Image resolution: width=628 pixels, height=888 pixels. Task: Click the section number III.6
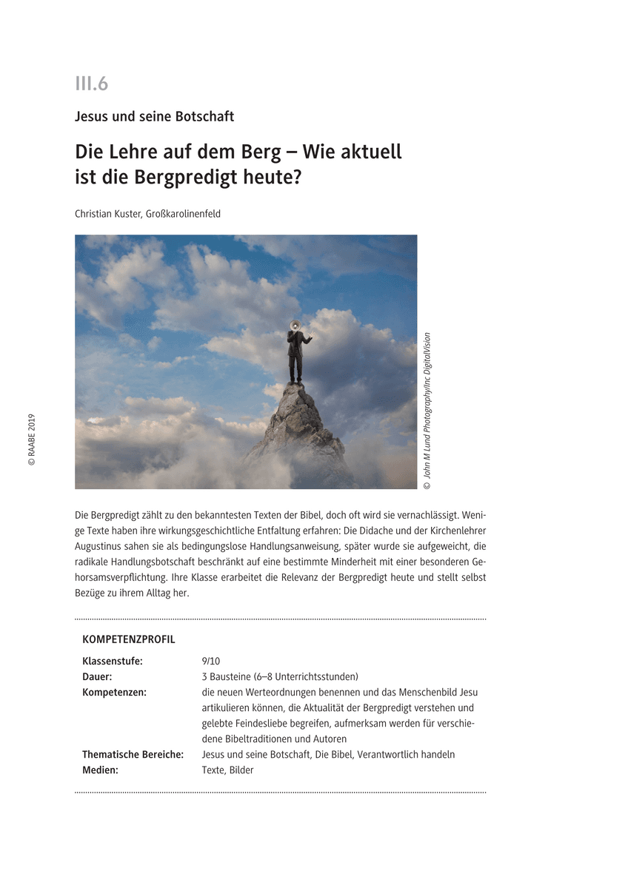pos(92,84)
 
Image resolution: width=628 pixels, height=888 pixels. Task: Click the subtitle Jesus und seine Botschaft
pos(154,116)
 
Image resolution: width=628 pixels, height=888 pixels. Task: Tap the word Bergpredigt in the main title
pos(201,178)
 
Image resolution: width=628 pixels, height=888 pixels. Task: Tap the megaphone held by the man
pos(294,323)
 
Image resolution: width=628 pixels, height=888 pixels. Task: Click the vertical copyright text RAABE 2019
pos(32,440)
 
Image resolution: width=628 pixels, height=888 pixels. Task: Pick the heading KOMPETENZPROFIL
pos(129,639)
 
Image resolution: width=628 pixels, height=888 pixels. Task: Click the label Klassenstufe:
pos(113,661)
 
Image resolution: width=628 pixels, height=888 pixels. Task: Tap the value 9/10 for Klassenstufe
pos(211,661)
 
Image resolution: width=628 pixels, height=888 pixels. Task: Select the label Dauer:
pos(97,676)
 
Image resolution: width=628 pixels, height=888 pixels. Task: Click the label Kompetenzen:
pos(114,692)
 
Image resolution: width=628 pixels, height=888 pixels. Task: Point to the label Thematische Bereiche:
pos(133,754)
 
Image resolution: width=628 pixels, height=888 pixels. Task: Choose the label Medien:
pos(100,770)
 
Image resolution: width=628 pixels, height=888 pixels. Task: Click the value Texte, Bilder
pos(227,770)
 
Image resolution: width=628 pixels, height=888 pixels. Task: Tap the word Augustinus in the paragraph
pos(100,546)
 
